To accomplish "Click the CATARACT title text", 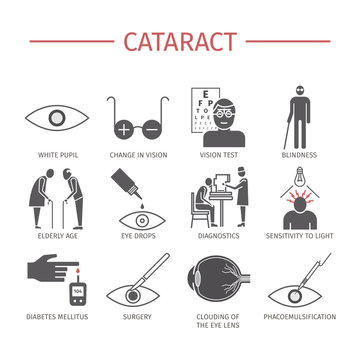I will pos(180,41).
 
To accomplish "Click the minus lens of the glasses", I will pos(153,129).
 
